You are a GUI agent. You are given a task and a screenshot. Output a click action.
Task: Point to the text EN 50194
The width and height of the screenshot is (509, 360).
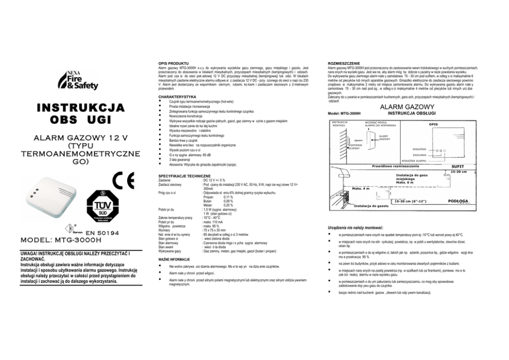click(103, 233)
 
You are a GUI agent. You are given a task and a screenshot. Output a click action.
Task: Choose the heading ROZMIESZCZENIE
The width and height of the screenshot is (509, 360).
click(344, 63)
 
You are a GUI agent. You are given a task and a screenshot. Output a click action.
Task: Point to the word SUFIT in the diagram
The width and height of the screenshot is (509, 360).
click(457, 167)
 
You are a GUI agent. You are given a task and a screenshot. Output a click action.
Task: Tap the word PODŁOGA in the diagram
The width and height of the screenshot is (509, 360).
click(457, 201)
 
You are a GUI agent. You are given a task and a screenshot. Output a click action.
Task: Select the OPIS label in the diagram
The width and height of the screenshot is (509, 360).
click(434, 124)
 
